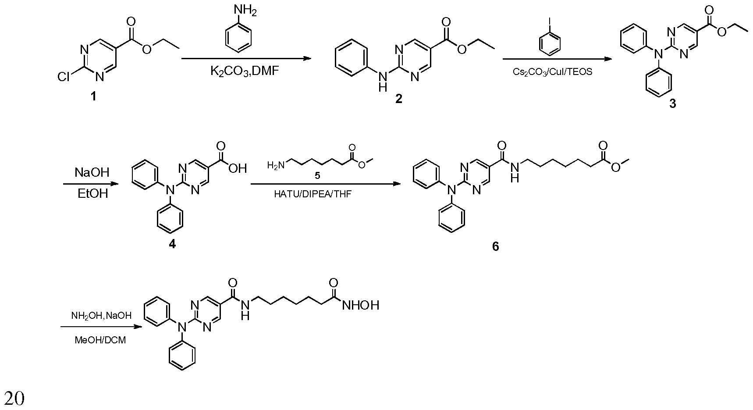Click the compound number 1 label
93,96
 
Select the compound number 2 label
398,99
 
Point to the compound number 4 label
172,244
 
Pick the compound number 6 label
495,246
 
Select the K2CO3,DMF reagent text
245,71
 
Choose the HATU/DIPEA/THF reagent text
313,194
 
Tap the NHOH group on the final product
360,305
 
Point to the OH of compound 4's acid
238,168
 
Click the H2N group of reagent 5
276,165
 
